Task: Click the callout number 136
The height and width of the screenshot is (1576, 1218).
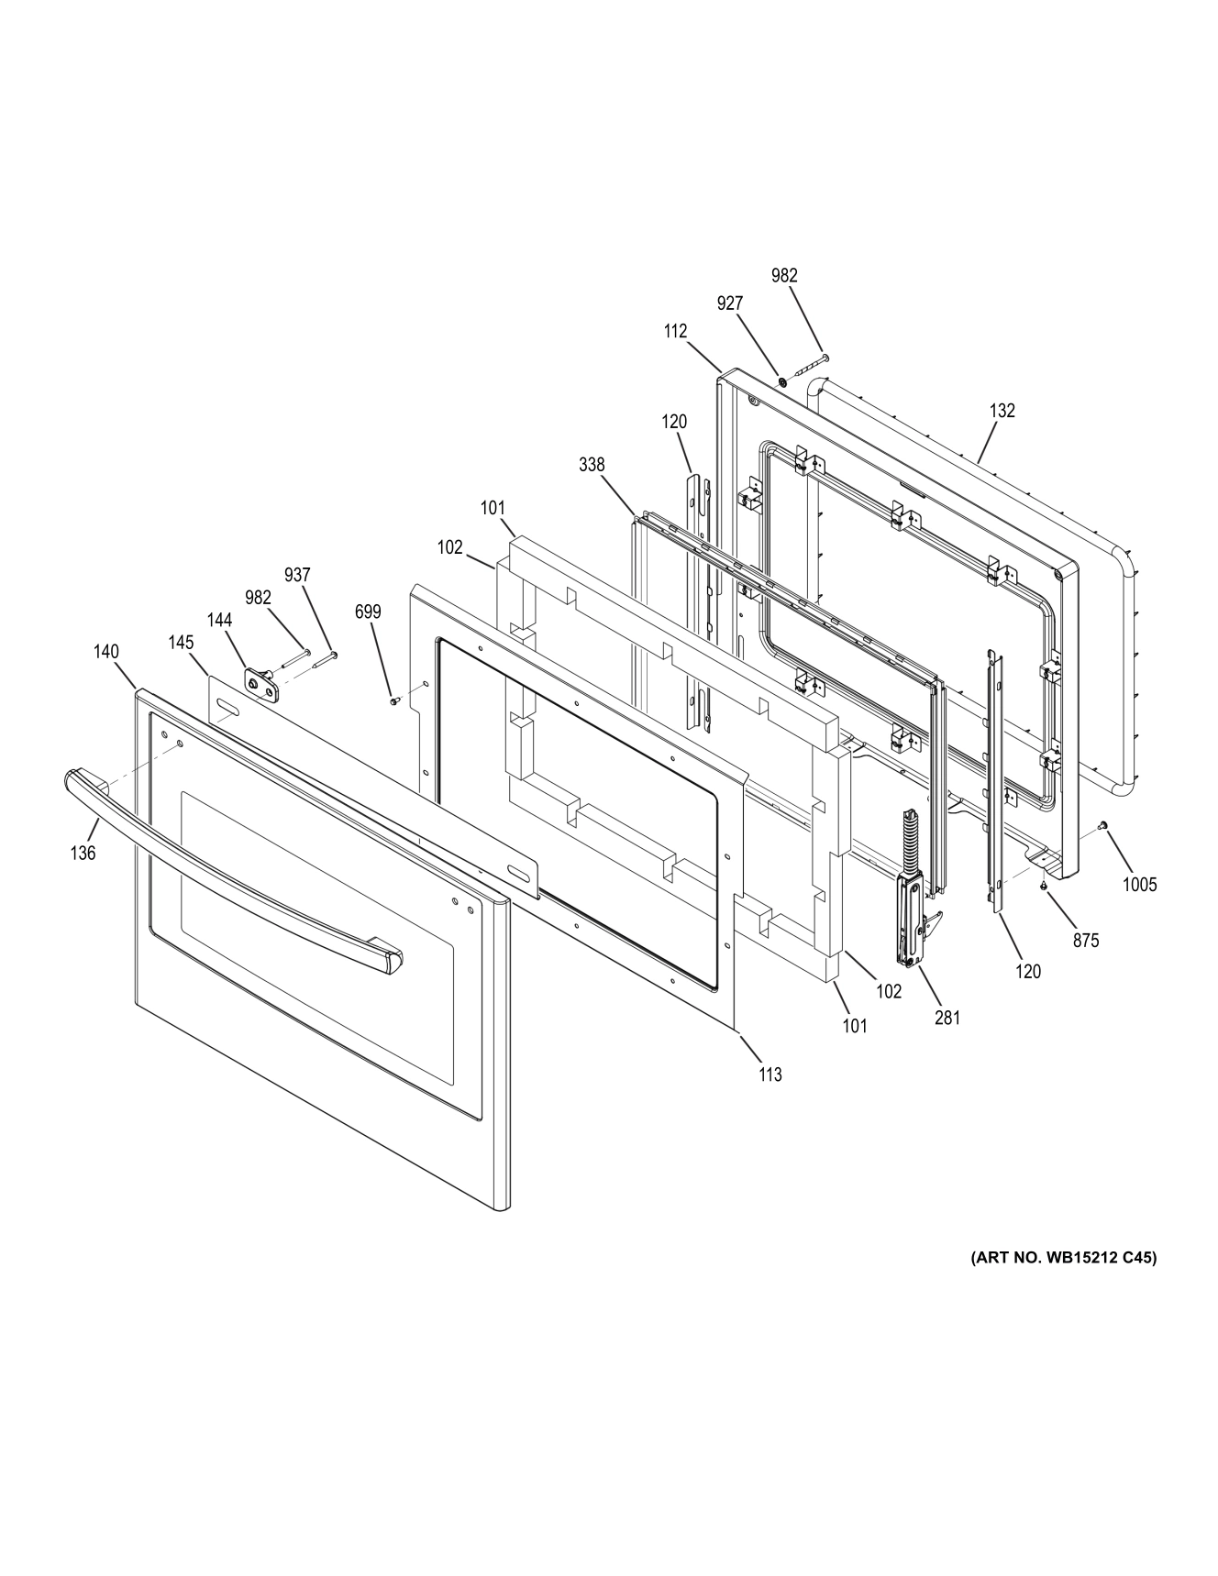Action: [x=83, y=853]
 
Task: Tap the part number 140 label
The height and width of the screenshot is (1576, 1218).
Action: [x=105, y=652]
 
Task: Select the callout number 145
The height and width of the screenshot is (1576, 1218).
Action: [x=181, y=643]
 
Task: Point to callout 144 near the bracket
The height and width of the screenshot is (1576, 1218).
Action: [x=219, y=621]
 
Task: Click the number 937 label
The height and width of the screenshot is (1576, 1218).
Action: [x=297, y=575]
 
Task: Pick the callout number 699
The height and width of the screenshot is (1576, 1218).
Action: [x=368, y=612]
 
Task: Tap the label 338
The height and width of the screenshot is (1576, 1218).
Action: [x=592, y=465]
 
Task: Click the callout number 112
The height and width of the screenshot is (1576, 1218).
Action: [x=675, y=331]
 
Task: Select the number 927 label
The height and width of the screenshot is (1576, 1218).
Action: [x=730, y=303]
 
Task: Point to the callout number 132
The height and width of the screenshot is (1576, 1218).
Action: [x=1002, y=411]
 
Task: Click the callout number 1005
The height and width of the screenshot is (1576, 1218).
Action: [x=1140, y=885]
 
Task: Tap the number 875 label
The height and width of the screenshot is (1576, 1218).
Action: [x=1086, y=940]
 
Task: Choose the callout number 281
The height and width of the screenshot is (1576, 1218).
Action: [x=947, y=1017]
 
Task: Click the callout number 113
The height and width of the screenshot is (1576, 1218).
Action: [x=770, y=1075]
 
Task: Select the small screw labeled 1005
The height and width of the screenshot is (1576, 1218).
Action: [x=1104, y=827]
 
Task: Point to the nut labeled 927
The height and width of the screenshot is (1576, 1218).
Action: [x=782, y=381]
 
